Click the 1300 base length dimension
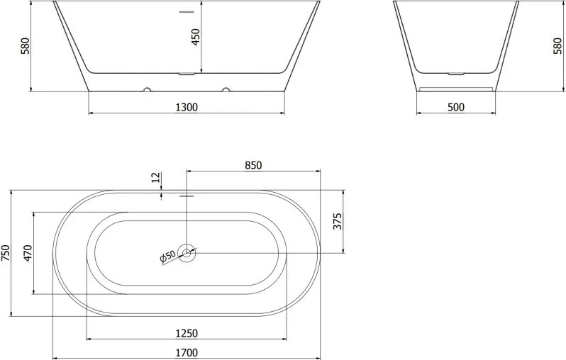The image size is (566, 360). pos(187,107)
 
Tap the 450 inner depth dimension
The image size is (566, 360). pos(195,37)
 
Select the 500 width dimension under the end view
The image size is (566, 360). pos(456,107)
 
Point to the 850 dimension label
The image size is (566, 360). pos(253,165)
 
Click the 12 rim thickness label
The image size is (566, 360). pos(155,177)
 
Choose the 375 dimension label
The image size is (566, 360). pos(337,222)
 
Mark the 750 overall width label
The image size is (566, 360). pos(6,252)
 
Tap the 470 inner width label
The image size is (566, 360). pos(28,253)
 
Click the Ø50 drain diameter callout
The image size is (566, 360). pos(167,256)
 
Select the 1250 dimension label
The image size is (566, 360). pos(187,333)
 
